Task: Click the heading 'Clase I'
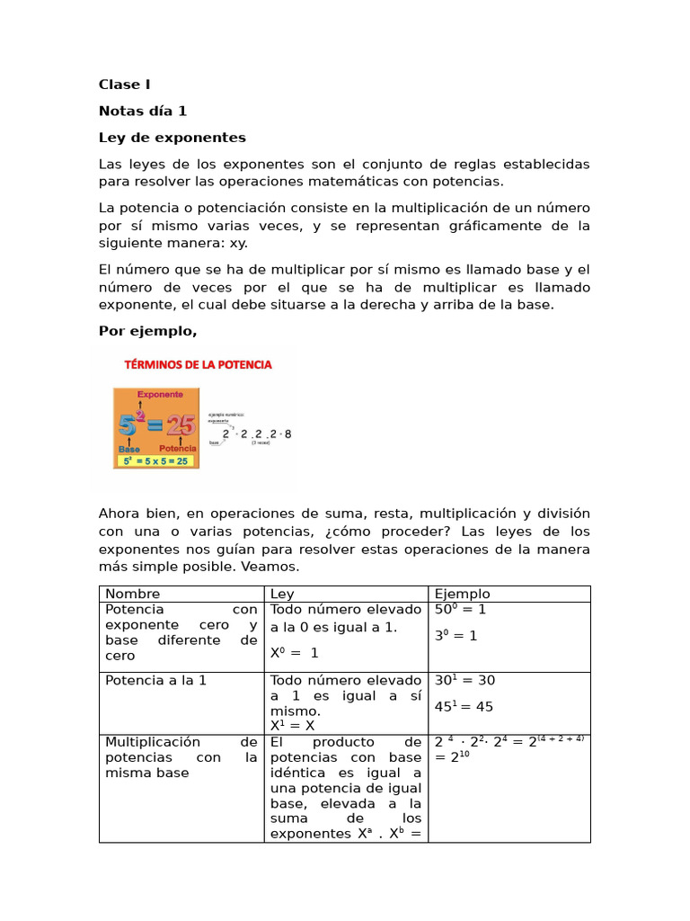[x=124, y=85]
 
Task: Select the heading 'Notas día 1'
[x=143, y=111]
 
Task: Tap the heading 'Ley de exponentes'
[x=172, y=138]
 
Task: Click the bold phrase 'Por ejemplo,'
[x=147, y=331]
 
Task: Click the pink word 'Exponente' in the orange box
[x=160, y=394]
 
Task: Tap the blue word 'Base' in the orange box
[x=128, y=447]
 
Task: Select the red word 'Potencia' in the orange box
[x=178, y=447]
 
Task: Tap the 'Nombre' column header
[x=133, y=594]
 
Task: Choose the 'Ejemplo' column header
[x=463, y=594]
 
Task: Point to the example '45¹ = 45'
[x=464, y=707]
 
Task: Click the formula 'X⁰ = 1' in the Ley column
[x=294, y=654]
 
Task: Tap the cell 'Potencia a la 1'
[x=155, y=681]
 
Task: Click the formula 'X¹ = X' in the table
[x=292, y=725]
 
